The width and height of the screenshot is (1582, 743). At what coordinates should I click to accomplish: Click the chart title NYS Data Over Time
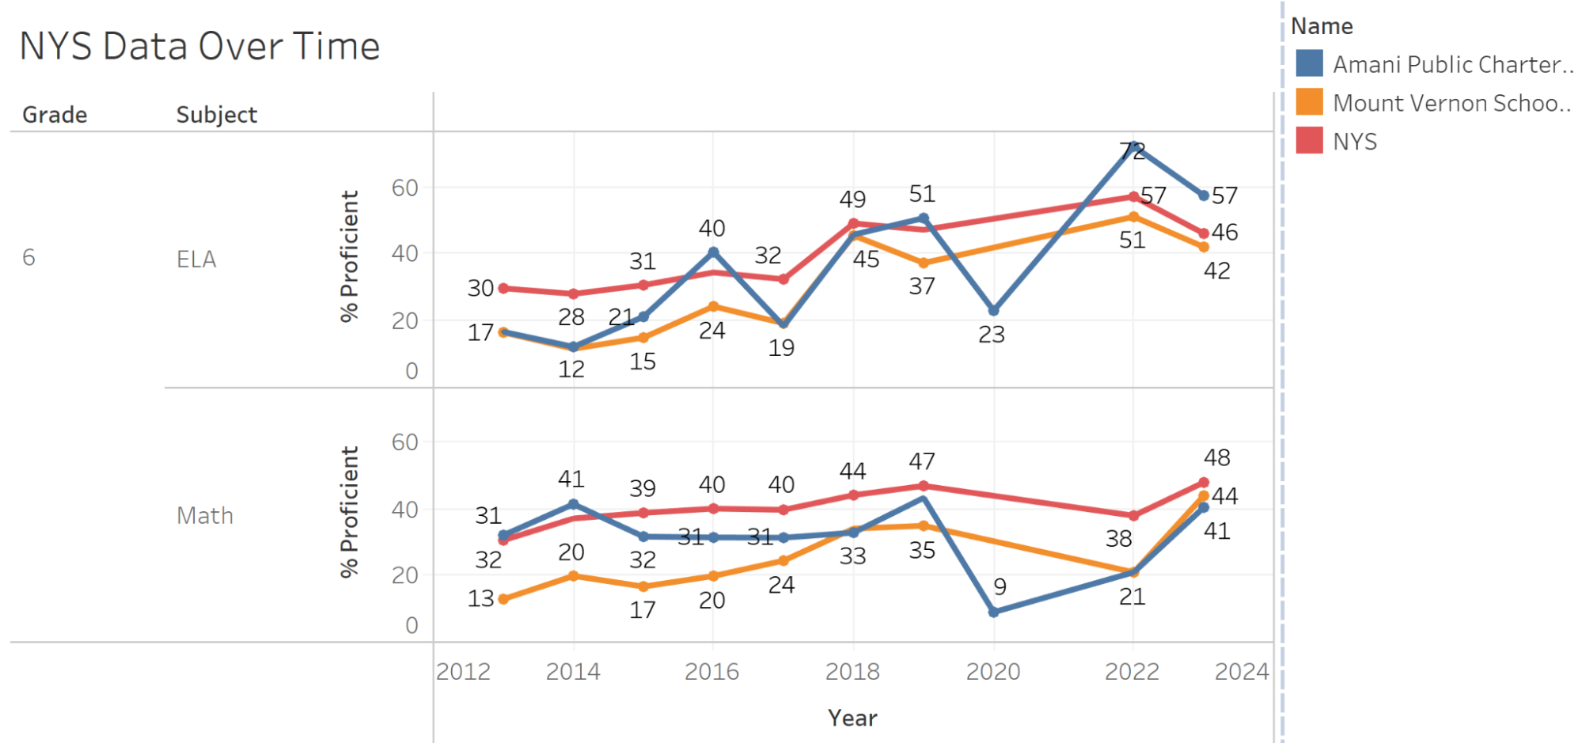(x=199, y=46)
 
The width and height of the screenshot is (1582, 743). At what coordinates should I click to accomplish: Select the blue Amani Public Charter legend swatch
(x=1309, y=63)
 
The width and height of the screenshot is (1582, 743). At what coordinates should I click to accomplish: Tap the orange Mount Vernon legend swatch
(x=1309, y=102)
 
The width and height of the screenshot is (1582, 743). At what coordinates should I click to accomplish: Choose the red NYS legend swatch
(x=1309, y=141)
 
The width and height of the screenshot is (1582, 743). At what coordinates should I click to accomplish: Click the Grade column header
(x=55, y=115)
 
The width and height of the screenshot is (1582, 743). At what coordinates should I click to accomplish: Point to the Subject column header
(x=216, y=115)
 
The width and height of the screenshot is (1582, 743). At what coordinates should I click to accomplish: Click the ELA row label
(x=196, y=260)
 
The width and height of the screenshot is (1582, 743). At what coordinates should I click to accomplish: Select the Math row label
(x=204, y=516)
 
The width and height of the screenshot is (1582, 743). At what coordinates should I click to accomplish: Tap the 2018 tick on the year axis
(x=852, y=672)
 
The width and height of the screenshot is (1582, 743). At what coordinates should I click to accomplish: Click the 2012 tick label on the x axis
(x=463, y=672)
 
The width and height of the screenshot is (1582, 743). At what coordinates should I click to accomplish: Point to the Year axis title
(x=852, y=718)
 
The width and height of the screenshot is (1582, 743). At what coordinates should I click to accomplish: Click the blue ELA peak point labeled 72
(x=1133, y=146)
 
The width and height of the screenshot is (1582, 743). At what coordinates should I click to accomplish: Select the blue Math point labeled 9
(x=993, y=612)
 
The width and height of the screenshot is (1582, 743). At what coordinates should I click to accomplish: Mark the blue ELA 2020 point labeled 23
(x=993, y=310)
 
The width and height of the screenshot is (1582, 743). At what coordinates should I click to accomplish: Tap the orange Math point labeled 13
(x=503, y=599)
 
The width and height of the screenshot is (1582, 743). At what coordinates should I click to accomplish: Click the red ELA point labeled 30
(x=503, y=288)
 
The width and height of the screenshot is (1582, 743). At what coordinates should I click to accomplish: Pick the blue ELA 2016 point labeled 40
(x=713, y=252)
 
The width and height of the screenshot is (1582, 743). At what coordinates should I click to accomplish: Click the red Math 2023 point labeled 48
(x=1204, y=482)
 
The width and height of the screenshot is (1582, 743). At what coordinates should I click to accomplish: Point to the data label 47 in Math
(x=922, y=461)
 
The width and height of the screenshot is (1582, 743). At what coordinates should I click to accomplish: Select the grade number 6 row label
(x=28, y=258)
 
